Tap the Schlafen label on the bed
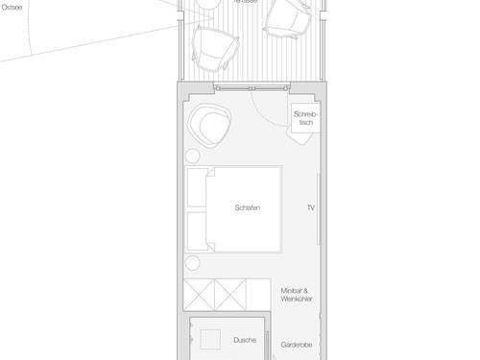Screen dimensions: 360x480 [x=248, y=208]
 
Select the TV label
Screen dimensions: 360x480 [x=311, y=208]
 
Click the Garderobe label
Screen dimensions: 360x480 [x=298, y=343]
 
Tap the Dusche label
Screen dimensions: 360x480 [x=245, y=340]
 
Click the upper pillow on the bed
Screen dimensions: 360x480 [x=198, y=189]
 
